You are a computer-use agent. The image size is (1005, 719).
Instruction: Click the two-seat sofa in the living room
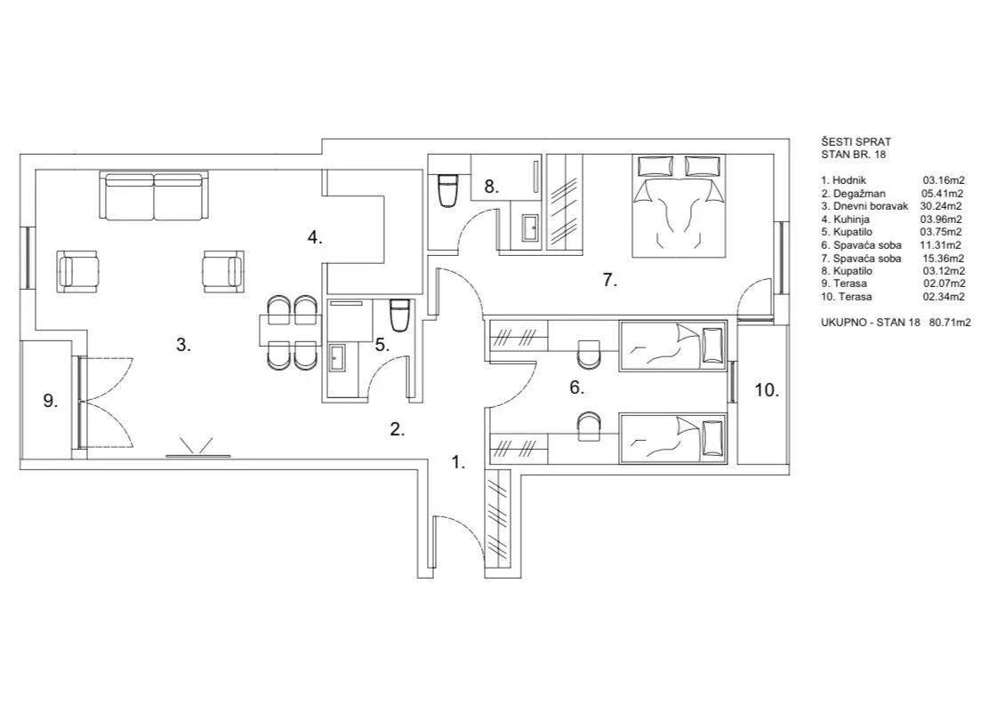point(155,197)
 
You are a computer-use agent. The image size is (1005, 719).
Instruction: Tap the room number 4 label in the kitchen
point(315,237)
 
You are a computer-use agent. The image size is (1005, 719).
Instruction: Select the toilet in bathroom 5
point(398,314)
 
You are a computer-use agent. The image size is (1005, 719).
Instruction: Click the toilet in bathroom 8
point(446,189)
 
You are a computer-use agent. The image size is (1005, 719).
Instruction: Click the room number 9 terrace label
point(51,401)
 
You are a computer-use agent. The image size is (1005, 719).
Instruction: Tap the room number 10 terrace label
point(767,389)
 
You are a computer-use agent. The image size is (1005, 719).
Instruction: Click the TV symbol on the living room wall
point(197,449)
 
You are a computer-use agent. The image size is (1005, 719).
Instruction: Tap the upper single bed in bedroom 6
point(672,345)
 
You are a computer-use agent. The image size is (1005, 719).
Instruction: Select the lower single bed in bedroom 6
point(672,436)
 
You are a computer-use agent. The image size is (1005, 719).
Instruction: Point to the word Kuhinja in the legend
point(851,219)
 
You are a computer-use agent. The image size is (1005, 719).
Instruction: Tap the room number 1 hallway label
point(458,462)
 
